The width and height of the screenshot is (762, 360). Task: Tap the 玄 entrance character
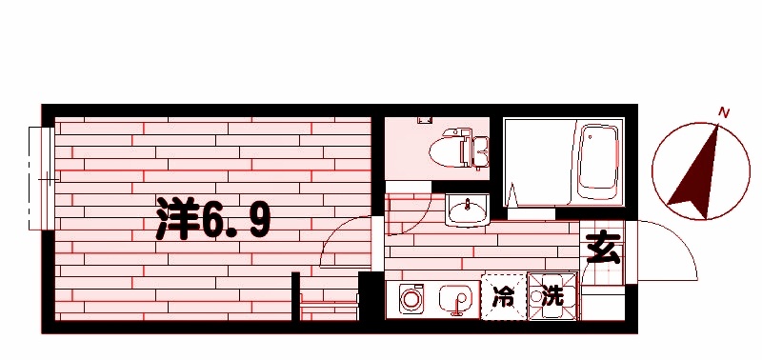(x=602, y=249)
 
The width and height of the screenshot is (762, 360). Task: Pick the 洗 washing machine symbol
(x=553, y=297)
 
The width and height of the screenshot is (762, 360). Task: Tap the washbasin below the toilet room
(x=466, y=210)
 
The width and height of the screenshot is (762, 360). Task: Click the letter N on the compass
(x=724, y=113)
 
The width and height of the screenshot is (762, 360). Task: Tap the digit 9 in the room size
(x=257, y=221)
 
